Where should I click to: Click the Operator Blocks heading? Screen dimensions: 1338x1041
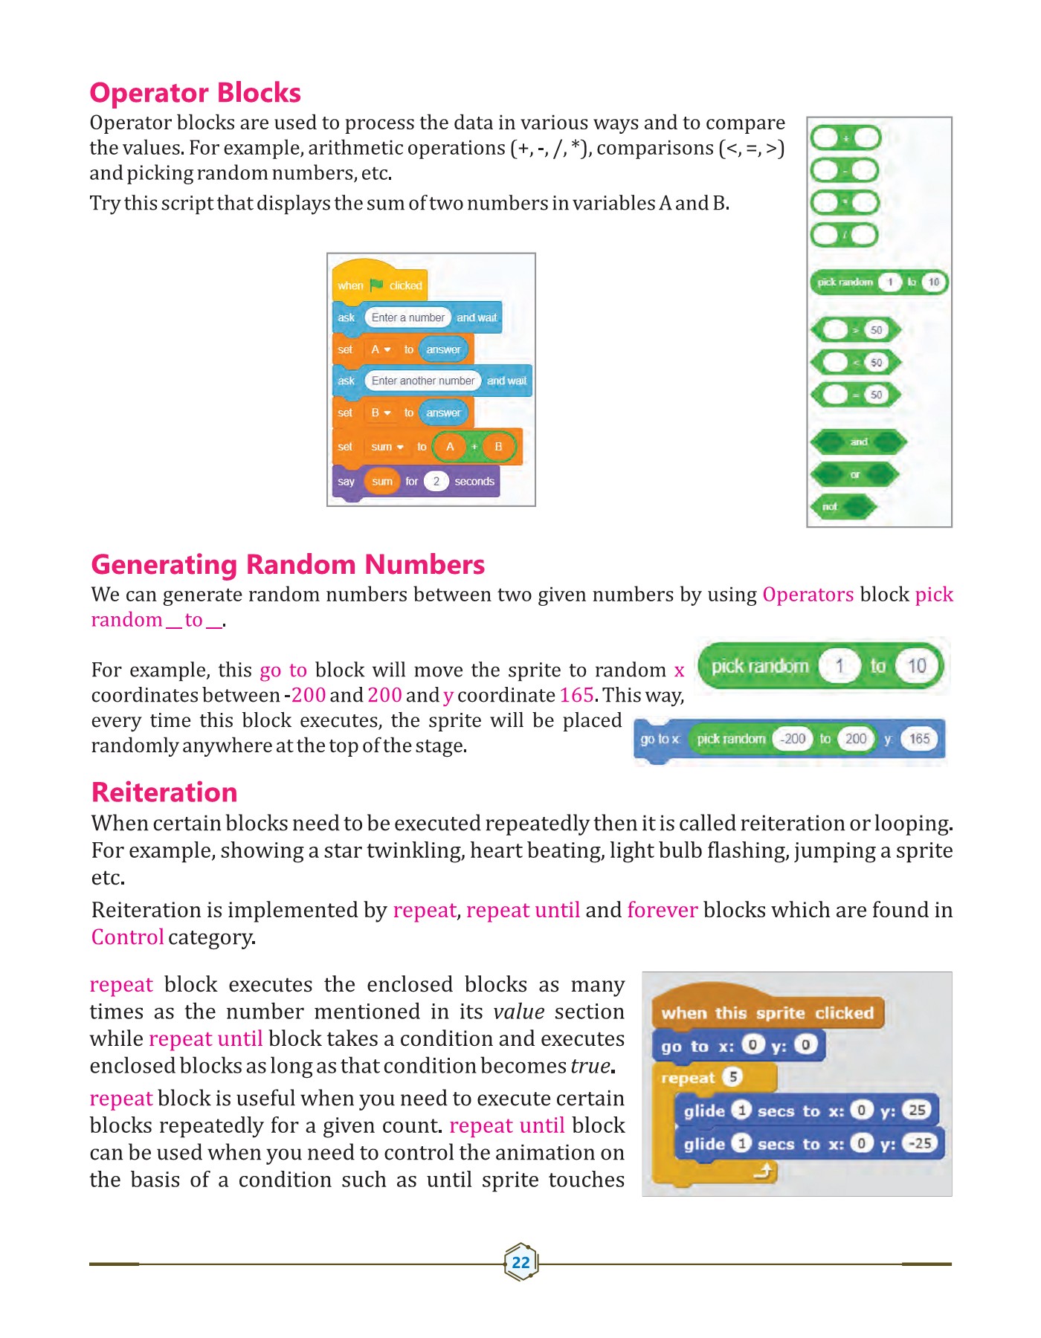tap(195, 93)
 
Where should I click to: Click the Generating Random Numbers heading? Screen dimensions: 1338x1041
tap(287, 565)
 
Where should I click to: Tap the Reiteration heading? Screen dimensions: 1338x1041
tap(164, 792)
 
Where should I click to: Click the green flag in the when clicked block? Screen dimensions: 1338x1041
tap(376, 285)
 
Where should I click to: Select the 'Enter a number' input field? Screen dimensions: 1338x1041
tap(407, 317)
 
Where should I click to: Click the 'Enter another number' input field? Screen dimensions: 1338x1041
tap(422, 381)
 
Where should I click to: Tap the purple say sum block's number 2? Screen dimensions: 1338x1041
tap(436, 481)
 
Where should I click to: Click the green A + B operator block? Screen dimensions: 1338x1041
tap(474, 447)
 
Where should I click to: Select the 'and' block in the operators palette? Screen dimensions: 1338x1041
tap(858, 442)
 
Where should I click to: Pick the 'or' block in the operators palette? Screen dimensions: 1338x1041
tap(854, 474)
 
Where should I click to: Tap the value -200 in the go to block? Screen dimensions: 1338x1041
tap(793, 739)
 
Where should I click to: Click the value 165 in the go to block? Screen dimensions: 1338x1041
tap(919, 739)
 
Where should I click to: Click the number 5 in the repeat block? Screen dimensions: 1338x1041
tap(732, 1077)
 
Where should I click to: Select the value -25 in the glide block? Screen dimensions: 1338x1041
tap(921, 1143)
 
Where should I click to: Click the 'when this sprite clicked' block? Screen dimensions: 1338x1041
tap(767, 1013)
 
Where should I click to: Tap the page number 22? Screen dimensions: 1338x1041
tap(520, 1262)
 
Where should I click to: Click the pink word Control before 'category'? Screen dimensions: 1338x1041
tap(127, 937)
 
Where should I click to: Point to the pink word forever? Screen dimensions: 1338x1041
tap(662, 911)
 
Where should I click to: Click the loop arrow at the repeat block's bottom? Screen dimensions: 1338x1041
tap(764, 1172)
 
